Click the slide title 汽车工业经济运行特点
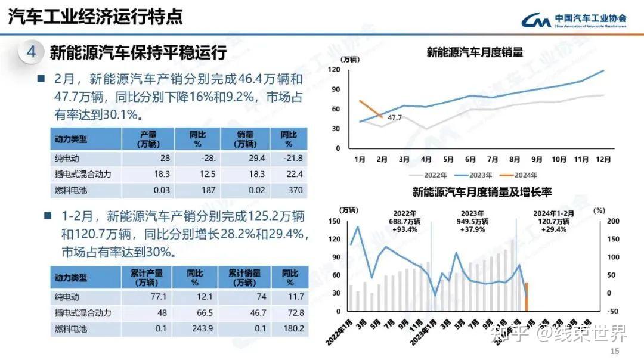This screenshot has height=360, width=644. pos(95,16)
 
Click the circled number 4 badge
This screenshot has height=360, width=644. pos(31,52)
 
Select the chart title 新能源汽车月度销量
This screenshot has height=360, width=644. pos(475,52)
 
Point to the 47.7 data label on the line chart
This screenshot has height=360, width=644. pos(395,118)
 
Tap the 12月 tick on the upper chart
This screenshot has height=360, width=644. pos(603,160)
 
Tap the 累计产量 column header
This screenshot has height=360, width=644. pos(147,277)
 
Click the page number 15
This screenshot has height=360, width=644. pos(615,351)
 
